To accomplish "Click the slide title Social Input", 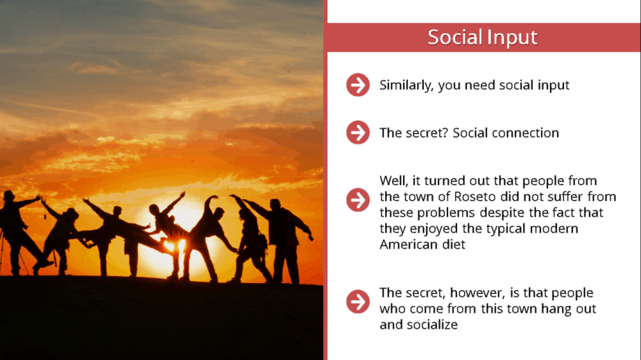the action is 482,37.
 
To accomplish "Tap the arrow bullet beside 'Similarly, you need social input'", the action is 358,85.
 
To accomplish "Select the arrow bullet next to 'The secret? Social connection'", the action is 358,132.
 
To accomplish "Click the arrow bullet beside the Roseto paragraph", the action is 358,200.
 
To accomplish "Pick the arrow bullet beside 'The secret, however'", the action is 358,302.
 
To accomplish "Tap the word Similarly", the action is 407,85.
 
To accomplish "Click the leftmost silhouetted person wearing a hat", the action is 17,233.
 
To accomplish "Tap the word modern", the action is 554,228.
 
